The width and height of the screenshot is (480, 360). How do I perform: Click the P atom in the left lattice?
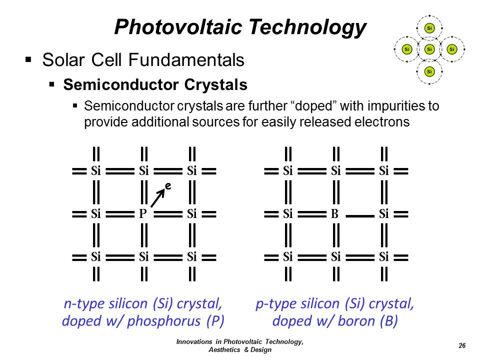click(x=143, y=213)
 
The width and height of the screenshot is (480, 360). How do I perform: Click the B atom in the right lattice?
click(x=334, y=213)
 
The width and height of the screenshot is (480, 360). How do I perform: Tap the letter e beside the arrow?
click(x=168, y=185)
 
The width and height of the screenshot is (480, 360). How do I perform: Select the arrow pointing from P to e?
click(x=157, y=198)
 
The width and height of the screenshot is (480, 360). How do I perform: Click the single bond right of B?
click(x=360, y=216)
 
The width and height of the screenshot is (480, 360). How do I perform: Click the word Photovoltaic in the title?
click(x=178, y=27)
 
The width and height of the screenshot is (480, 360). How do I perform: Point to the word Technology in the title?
click(x=307, y=27)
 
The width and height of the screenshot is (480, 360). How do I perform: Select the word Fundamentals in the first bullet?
click(x=186, y=59)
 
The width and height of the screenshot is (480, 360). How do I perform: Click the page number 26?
click(x=462, y=345)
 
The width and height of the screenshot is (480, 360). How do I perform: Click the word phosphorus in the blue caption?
click(x=164, y=321)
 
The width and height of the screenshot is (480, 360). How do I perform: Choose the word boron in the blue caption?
click(x=356, y=321)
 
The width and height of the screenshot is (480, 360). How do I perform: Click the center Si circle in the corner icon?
click(x=429, y=49)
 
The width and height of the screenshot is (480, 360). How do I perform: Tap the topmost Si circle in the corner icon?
click(x=429, y=28)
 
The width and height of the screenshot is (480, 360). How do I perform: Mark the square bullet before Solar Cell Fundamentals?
click(x=28, y=59)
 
